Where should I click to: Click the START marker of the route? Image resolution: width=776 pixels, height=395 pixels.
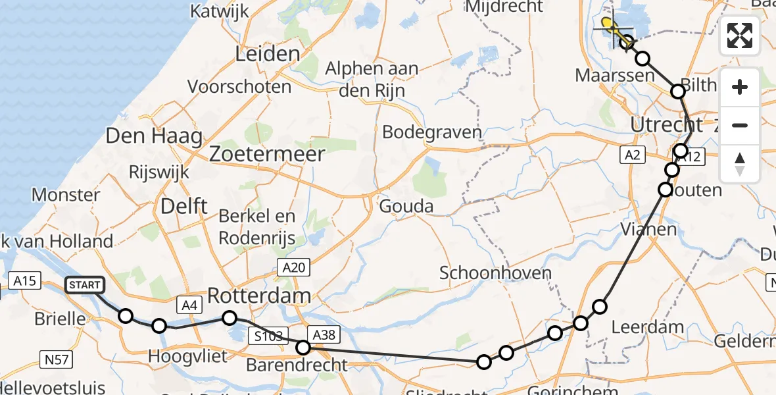(x=85, y=285)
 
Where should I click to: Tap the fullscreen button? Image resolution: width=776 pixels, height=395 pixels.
(x=740, y=36)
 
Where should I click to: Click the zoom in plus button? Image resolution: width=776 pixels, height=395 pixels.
(x=740, y=88)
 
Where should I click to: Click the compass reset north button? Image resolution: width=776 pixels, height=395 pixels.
(x=740, y=163)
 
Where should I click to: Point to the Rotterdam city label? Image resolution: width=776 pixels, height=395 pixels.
(x=259, y=296)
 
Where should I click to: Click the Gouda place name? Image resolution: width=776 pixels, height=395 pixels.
(x=406, y=207)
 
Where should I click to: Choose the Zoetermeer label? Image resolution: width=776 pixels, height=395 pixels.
(x=267, y=155)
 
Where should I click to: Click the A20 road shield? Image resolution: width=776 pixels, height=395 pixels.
(x=293, y=267)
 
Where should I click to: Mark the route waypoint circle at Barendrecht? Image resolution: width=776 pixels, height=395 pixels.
(x=303, y=347)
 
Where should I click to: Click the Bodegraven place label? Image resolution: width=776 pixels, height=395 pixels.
(x=431, y=132)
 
